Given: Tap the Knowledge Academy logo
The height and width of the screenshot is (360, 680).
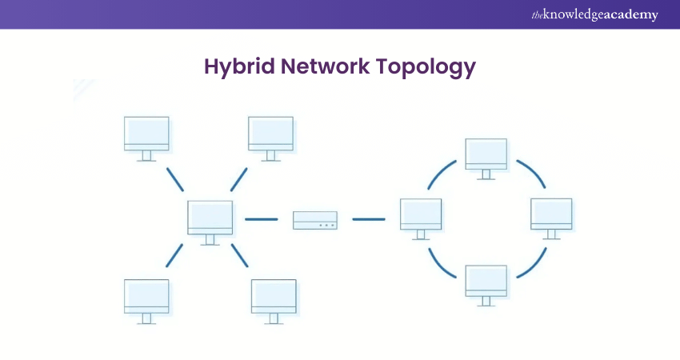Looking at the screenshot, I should tap(594, 14).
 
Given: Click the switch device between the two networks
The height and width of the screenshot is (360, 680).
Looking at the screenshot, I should tap(315, 219).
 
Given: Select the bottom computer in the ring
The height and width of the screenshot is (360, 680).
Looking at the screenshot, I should tap(486, 281).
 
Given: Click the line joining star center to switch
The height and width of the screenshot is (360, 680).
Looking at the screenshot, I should tap(261, 219).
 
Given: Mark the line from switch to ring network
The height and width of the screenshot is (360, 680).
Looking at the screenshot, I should tap(369, 219).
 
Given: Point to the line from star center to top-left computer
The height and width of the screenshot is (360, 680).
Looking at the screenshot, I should tap(175, 179).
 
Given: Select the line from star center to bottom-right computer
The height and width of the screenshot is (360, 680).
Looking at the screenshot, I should tap(241, 255).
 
